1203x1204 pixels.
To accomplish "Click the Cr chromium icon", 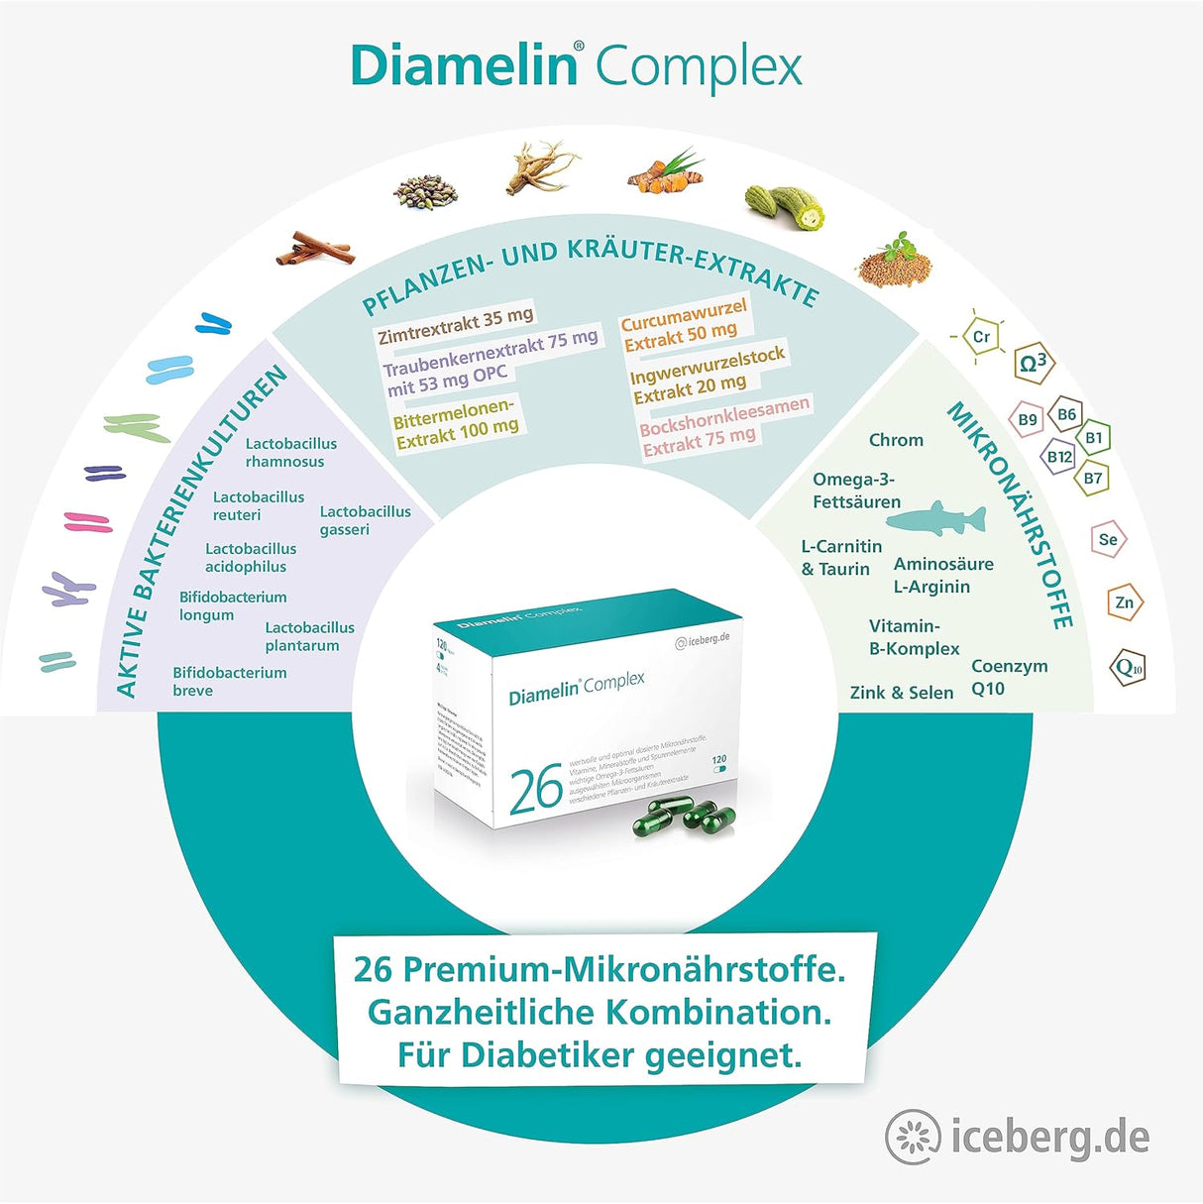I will click(x=981, y=337).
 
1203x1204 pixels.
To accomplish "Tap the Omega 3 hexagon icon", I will click(x=1033, y=364).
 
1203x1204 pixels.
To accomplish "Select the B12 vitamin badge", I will click(x=1059, y=457).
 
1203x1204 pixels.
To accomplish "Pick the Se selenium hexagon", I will click(x=1108, y=539).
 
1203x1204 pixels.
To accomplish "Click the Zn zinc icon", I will click(x=1124, y=602).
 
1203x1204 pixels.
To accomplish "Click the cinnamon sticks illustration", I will click(x=315, y=247).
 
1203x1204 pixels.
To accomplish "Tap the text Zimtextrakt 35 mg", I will click(x=455, y=323).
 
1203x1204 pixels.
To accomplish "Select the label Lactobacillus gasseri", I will click(x=365, y=520).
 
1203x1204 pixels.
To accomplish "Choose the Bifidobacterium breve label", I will click(x=229, y=681).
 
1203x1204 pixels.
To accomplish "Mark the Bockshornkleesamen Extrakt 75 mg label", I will click(x=724, y=425).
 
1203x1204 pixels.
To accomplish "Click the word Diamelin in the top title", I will click(x=464, y=65).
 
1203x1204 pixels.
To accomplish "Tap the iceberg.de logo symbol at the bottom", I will click(x=913, y=1137).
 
